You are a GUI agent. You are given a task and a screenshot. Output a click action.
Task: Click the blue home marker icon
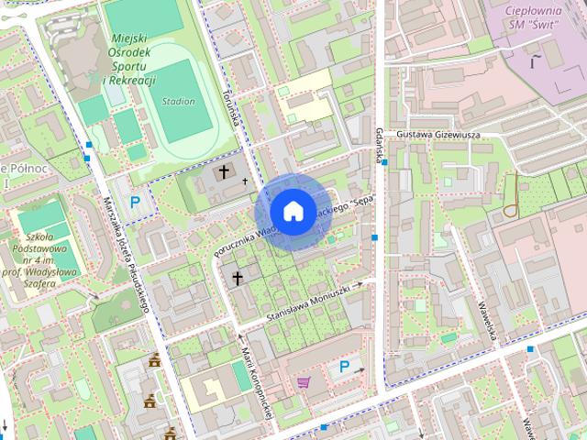click(293, 212)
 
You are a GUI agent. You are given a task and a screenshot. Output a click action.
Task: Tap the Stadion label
click(177, 102)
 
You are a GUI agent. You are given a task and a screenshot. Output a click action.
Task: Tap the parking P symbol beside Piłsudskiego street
click(135, 203)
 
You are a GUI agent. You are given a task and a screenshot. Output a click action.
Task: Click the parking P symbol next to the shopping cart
click(344, 367)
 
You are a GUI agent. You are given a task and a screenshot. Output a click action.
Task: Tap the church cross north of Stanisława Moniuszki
click(237, 277)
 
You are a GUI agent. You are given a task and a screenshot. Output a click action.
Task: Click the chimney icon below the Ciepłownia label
click(533, 60)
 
